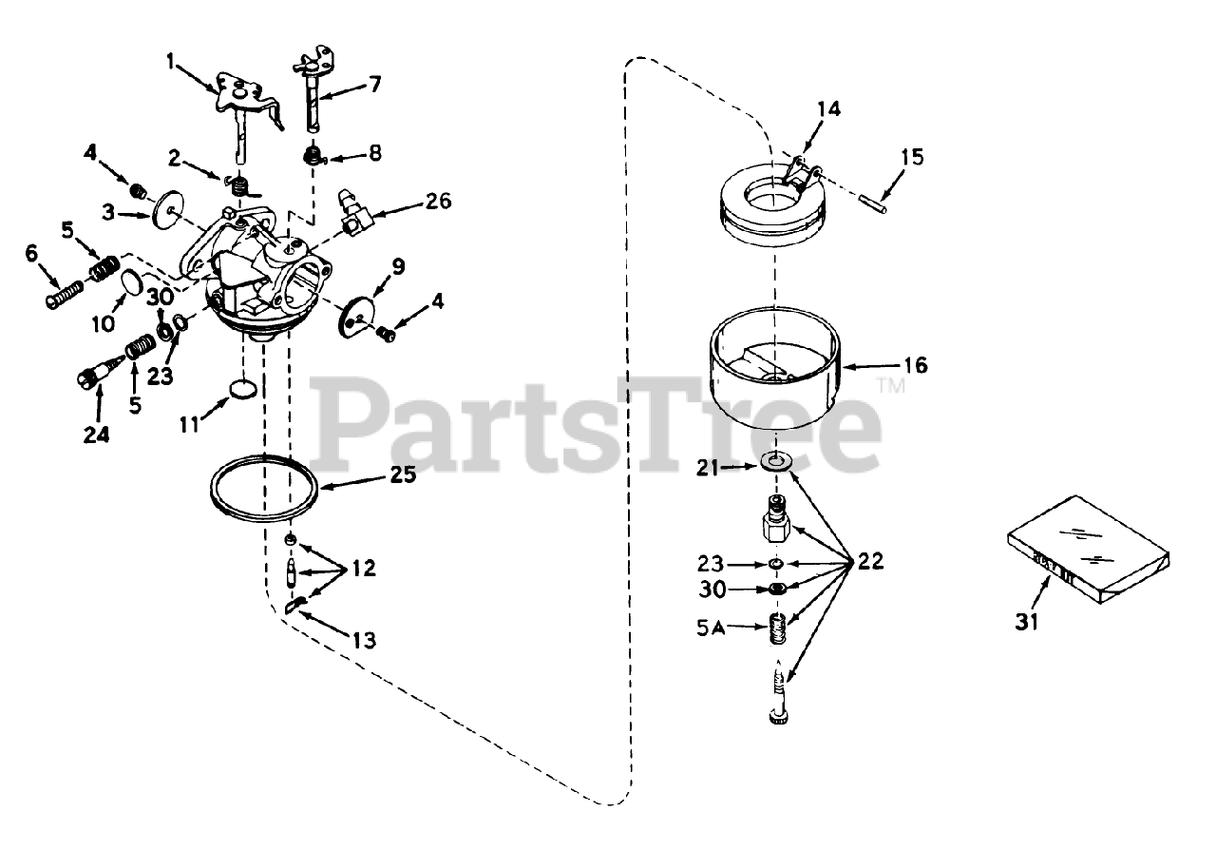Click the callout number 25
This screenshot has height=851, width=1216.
(403, 474)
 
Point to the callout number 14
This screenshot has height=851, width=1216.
(828, 108)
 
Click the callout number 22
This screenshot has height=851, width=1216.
(869, 561)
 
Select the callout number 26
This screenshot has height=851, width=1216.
(439, 202)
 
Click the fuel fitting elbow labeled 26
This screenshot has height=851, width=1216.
(352, 214)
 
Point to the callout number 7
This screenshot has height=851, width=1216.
(375, 85)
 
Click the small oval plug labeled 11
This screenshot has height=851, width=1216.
(244, 390)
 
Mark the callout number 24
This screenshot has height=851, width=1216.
(96, 435)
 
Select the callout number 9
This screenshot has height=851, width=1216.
(397, 267)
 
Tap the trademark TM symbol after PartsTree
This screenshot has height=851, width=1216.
(890, 387)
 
